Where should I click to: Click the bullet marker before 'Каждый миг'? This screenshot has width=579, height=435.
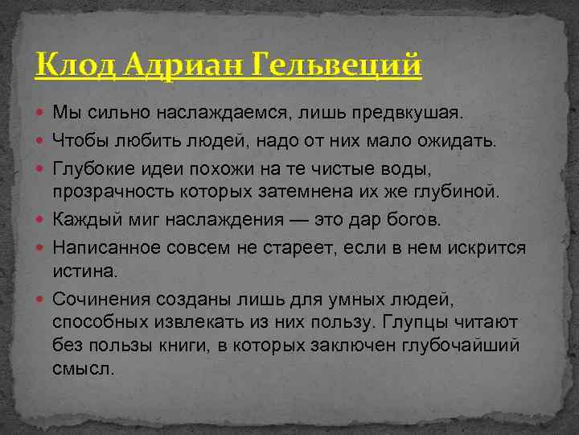point(42,218)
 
